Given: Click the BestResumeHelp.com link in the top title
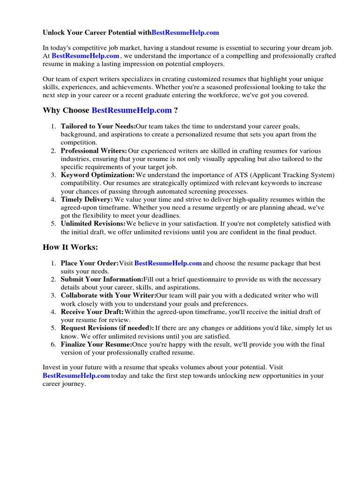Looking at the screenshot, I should [186, 33].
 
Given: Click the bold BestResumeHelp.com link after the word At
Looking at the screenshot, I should [85, 56].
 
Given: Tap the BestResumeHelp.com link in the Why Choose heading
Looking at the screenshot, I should [132, 111].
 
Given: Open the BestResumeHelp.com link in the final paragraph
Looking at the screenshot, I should [76, 376].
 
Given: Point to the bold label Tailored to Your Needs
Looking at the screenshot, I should [98, 127].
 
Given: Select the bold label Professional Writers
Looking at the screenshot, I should [94, 151].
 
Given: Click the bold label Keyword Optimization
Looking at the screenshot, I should [97, 175].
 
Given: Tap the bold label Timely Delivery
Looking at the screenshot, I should [87, 200].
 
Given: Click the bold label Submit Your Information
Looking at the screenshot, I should [102, 279].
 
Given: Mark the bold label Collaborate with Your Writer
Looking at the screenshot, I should [108, 296].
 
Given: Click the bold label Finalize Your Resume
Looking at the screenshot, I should [96, 345].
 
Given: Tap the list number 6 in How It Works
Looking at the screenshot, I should [53, 345].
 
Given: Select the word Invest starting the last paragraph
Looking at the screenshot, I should [52, 367].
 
